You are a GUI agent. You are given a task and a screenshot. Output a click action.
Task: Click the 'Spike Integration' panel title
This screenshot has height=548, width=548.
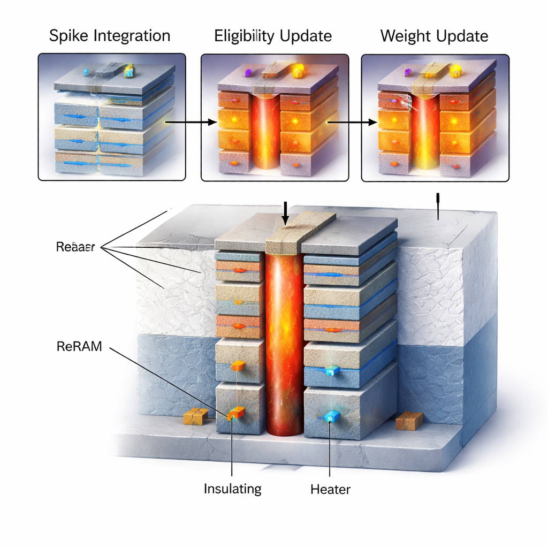pyautogui.click(x=110, y=36)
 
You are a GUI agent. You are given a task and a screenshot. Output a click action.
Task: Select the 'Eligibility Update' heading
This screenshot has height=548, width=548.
pyautogui.click(x=273, y=36)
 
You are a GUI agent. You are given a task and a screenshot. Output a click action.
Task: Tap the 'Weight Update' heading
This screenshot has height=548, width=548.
pyautogui.click(x=434, y=36)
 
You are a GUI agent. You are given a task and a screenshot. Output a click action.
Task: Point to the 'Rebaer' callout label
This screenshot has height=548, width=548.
pyautogui.click(x=75, y=247)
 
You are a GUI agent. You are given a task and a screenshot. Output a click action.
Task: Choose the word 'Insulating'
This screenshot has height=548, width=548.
pyautogui.click(x=233, y=488)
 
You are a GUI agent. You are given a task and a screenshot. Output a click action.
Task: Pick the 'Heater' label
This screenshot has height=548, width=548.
pyautogui.click(x=330, y=488)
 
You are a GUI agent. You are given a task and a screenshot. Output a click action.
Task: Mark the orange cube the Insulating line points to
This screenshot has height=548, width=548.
pyautogui.click(x=235, y=413)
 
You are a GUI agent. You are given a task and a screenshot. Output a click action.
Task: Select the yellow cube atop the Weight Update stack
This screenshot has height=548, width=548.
pyautogui.click(x=455, y=71)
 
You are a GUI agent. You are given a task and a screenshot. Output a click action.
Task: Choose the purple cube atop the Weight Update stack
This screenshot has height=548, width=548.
pyautogui.click(x=407, y=72)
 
